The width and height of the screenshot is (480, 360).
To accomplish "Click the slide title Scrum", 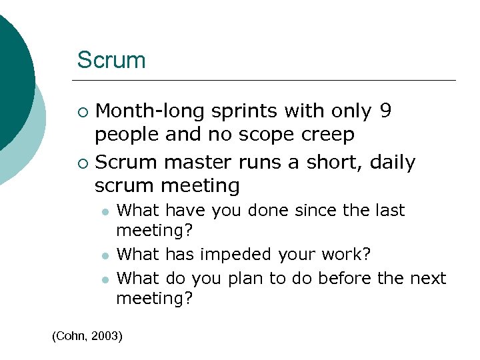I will pyautogui.click(x=111, y=60).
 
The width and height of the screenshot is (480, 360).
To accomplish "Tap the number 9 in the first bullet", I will pyautogui.click(x=385, y=111).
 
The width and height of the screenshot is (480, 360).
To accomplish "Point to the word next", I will pyautogui.click(x=428, y=277).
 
